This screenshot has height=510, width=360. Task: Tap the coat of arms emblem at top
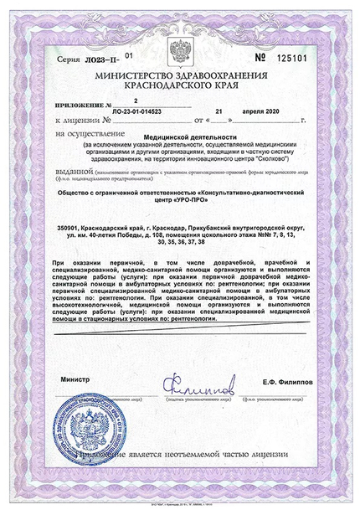coord(181,47)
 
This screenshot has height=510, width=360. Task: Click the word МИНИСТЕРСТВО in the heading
coord(136,75)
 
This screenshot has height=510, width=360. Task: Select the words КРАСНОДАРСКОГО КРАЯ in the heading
coord(180,85)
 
